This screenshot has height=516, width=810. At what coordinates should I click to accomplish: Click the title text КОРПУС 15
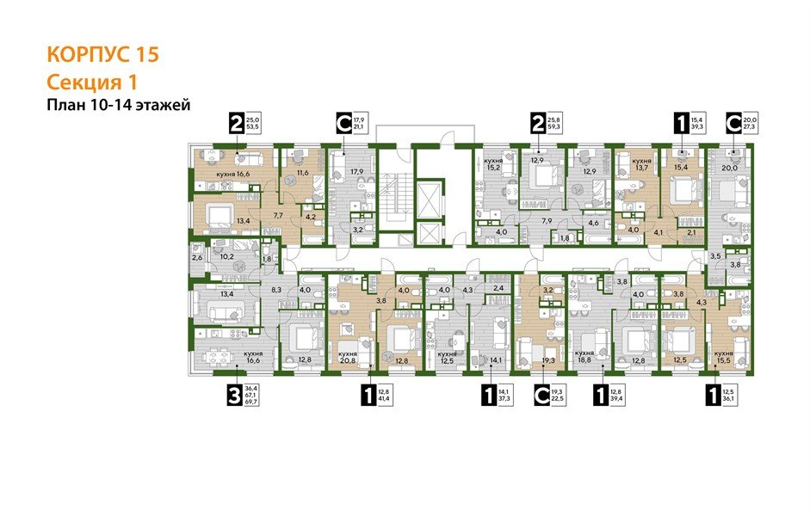click(x=102, y=56)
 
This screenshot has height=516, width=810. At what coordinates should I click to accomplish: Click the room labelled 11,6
click(x=302, y=173)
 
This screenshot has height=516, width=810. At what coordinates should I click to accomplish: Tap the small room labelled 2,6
click(x=196, y=257)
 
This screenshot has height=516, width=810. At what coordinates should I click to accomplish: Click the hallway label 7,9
click(x=546, y=221)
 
